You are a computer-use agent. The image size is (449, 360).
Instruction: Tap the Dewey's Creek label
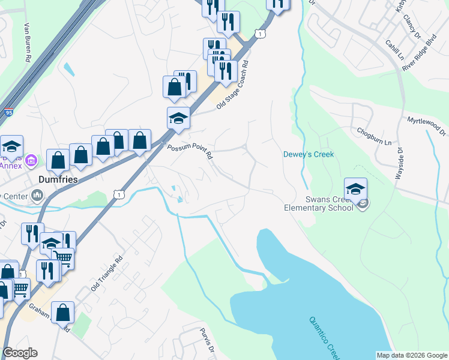click(308, 155)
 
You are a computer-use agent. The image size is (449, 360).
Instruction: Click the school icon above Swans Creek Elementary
click(355, 188)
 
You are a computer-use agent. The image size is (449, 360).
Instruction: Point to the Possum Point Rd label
click(190, 151)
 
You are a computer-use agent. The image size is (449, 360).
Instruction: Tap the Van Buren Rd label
click(26, 43)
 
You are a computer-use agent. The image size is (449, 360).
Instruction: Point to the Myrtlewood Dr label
click(427, 125)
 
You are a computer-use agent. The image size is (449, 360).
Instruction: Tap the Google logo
click(20, 353)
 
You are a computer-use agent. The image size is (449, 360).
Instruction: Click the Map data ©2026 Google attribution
click(412, 355)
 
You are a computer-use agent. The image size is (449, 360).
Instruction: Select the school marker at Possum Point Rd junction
click(178, 118)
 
